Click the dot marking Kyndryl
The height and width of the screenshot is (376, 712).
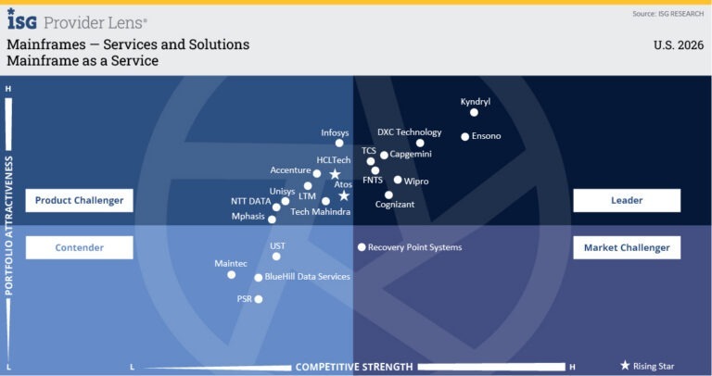[474, 112]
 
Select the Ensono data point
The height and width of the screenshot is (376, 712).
[464, 136]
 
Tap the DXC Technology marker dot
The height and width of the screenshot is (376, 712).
[420, 143]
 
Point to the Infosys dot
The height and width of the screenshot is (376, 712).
[339, 143]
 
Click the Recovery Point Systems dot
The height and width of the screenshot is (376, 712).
[362, 247]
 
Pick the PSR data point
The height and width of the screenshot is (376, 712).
[259, 299]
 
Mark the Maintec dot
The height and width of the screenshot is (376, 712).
[231, 274]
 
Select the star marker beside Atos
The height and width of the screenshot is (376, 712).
[344, 195]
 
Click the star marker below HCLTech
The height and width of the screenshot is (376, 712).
[335, 174]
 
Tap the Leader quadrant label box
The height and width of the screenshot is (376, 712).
[627, 200]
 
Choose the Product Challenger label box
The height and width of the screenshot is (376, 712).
[79, 200]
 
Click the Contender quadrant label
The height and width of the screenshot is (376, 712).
[79, 247]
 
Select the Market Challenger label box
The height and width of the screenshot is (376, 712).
[627, 247]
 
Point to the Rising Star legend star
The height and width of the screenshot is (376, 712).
[625, 366]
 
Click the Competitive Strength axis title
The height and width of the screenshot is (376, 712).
[353, 367]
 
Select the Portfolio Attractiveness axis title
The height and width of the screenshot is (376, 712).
[9, 226]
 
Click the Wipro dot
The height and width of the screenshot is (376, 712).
[398, 180]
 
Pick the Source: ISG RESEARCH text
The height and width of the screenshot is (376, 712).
[667, 14]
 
